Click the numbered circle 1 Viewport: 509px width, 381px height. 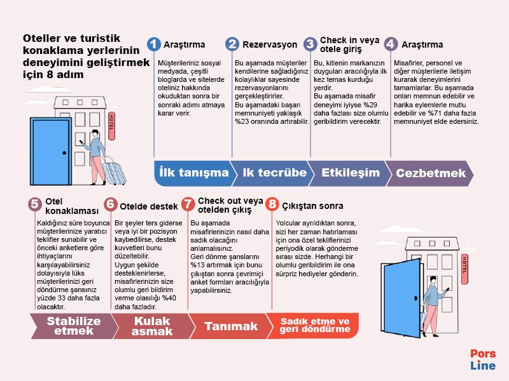[x=153, y=44]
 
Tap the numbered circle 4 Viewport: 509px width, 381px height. [x=391, y=44]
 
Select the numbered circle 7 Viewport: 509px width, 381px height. [x=188, y=204]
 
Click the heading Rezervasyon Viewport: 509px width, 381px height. [x=270, y=44]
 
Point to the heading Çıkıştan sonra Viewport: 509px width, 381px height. [x=312, y=206]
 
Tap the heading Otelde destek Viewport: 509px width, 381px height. [x=149, y=206]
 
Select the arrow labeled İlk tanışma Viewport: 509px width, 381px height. [x=194, y=173]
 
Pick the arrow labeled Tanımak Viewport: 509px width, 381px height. [x=230, y=326]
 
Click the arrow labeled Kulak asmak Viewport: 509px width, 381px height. [x=153, y=326]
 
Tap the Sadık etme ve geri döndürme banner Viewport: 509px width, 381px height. [x=314, y=326]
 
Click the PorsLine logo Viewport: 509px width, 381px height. [x=483, y=359]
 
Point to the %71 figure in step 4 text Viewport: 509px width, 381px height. [x=435, y=113]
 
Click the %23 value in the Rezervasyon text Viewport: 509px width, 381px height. [x=242, y=121]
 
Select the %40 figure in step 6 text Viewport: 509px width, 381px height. [x=169, y=298]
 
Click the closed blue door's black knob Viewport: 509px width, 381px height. [x=64, y=153]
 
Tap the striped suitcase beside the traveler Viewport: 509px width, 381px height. [x=115, y=171]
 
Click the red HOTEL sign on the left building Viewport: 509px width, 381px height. [x=111, y=126]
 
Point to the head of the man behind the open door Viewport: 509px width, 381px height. [x=433, y=280]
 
